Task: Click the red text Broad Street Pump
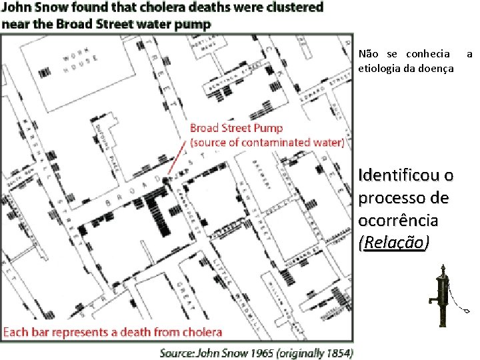(236, 128)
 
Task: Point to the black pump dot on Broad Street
(165, 180)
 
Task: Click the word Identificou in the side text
(406, 176)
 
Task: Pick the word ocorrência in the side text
(398, 220)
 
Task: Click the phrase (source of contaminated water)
(267, 142)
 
